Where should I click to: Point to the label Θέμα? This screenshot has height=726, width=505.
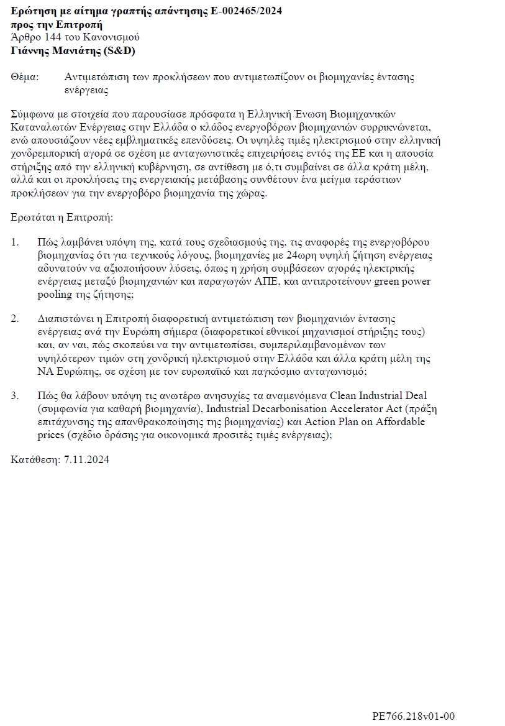coord(25,77)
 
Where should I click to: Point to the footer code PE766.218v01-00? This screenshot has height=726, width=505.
coord(414,716)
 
